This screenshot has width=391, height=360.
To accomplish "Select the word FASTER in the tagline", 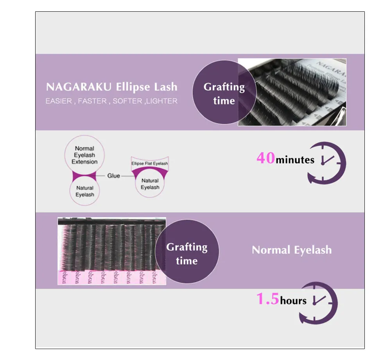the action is pyautogui.click(x=92, y=101).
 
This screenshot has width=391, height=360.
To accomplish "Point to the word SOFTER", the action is pyautogui.click(x=127, y=101).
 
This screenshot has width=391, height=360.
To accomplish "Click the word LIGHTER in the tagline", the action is pyautogui.click(x=162, y=101).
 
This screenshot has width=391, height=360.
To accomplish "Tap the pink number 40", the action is pyautogui.click(x=266, y=158).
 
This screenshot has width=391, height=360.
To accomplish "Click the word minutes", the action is pyautogui.click(x=295, y=160).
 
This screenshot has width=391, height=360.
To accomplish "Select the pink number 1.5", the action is pyautogui.click(x=268, y=299).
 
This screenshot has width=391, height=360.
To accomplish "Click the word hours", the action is pyautogui.click(x=293, y=301).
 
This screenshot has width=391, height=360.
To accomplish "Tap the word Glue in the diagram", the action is pyautogui.click(x=113, y=176).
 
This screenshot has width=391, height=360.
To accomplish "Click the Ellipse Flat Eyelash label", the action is pyautogui.click(x=150, y=164).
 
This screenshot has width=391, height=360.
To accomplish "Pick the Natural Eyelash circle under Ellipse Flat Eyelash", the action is pyautogui.click(x=150, y=184).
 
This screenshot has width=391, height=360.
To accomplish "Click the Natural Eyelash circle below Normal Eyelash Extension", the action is pyautogui.click(x=84, y=191).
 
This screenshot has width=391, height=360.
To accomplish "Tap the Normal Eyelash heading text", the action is pyautogui.click(x=292, y=250).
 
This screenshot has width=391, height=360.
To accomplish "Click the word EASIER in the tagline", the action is pyautogui.click(x=59, y=101).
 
